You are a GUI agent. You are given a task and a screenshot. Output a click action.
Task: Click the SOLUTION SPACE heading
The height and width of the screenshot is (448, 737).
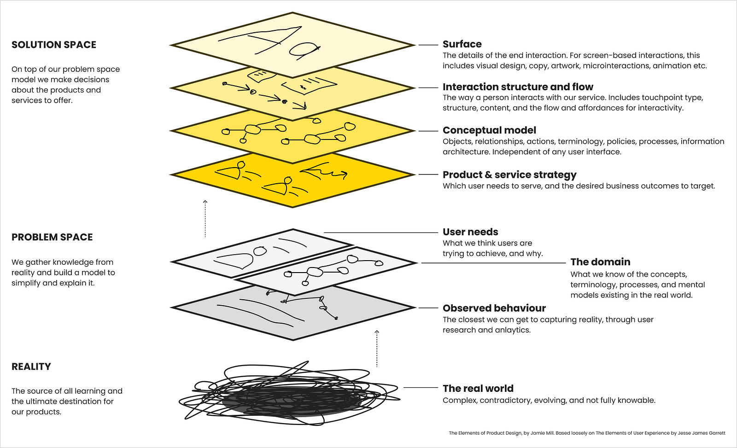click(x=54, y=45)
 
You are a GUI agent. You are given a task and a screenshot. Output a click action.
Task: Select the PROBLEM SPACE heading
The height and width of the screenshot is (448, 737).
click(x=52, y=237)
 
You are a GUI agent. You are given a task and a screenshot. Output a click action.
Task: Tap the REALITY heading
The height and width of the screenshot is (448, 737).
click(x=31, y=367)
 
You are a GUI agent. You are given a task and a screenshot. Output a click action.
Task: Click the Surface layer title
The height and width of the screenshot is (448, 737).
click(x=462, y=44)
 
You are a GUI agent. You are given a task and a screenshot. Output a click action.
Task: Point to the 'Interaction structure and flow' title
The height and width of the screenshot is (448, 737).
click(x=518, y=87)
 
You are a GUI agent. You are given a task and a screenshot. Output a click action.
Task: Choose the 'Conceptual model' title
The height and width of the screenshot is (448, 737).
click(x=489, y=130)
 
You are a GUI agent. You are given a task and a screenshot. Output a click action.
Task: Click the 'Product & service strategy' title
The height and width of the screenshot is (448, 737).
click(x=509, y=175)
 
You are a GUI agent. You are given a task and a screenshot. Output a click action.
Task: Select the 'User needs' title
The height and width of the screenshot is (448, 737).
click(x=470, y=232)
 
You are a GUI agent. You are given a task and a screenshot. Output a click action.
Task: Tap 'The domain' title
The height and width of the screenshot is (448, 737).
click(x=600, y=262)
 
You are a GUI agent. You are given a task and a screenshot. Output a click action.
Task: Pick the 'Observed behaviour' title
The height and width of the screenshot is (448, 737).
click(x=494, y=308)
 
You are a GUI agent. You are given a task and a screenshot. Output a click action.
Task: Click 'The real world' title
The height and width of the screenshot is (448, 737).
click(x=478, y=389)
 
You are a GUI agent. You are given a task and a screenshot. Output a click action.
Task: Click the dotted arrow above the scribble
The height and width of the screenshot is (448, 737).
click(x=377, y=348)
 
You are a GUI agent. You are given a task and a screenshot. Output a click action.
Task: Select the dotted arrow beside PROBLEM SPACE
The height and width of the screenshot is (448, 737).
click(x=205, y=218)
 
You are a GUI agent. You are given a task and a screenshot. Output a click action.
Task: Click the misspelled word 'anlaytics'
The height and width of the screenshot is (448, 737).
click(x=512, y=330)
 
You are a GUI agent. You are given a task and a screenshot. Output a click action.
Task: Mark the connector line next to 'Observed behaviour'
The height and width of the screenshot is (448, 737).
click(x=428, y=308)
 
